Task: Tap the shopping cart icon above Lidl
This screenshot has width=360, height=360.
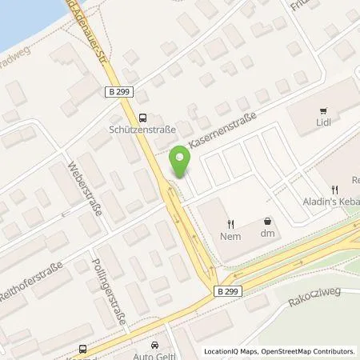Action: pos(323,111)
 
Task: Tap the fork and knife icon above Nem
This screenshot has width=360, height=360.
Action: pos(230,223)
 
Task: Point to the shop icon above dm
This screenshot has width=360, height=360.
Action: pos(267,222)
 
